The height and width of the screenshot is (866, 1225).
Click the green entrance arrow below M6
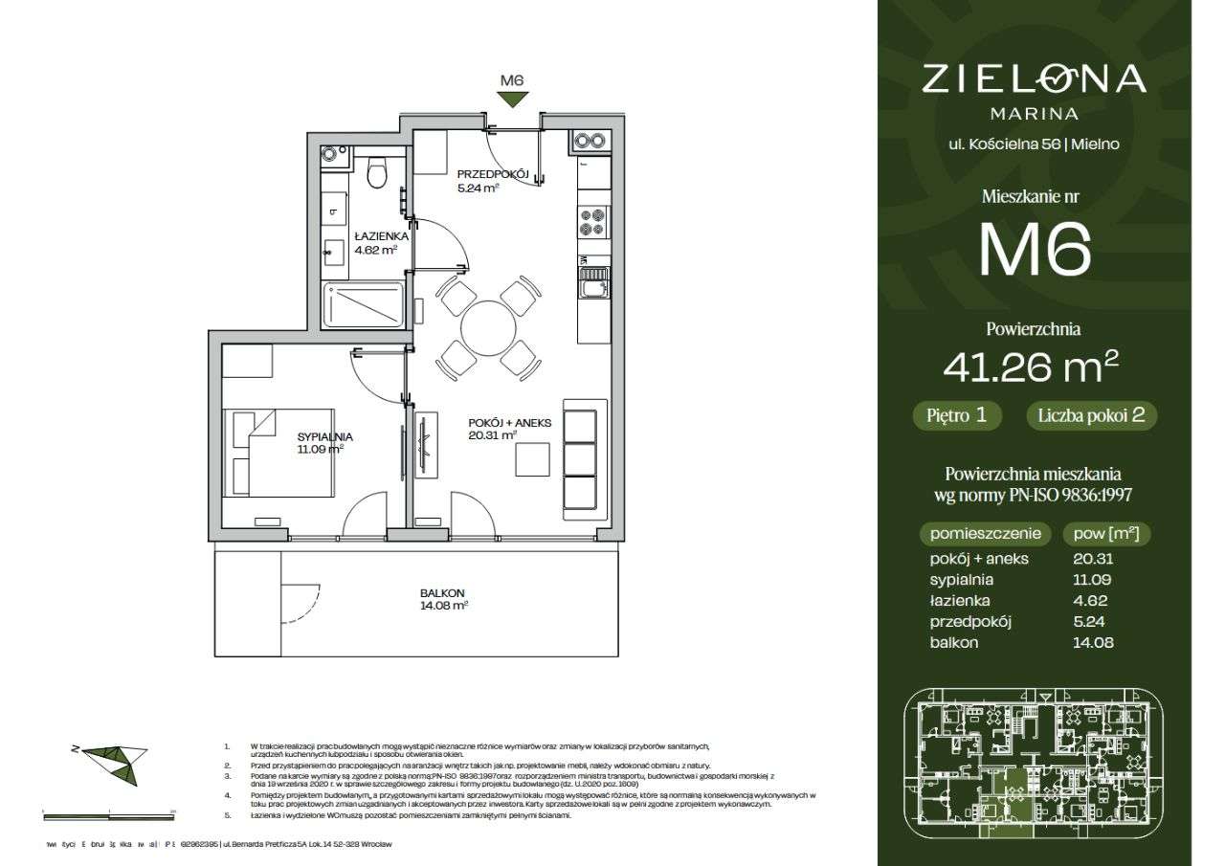[x=514, y=100]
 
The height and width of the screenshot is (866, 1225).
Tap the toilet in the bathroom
[x=377, y=172]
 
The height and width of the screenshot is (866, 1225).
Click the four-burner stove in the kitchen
[x=592, y=222]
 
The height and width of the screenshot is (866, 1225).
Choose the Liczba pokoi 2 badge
[x=1092, y=416]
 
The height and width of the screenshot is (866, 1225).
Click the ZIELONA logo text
[x=1034, y=78]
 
